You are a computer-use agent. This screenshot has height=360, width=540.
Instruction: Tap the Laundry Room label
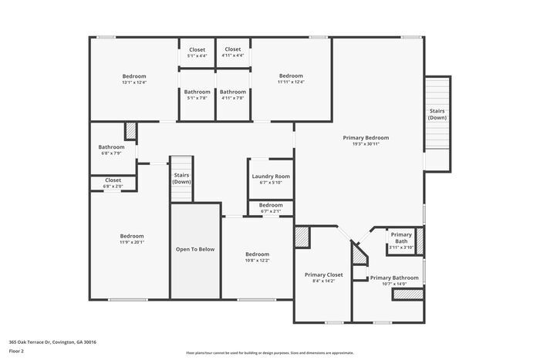click(271, 177)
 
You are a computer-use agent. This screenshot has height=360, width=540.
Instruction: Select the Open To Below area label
click(195, 249)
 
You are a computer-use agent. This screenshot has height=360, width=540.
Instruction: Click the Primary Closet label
click(323, 274)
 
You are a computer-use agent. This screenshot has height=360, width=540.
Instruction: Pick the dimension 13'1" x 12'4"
click(133, 82)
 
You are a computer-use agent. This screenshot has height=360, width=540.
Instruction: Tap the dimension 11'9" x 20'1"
click(131, 242)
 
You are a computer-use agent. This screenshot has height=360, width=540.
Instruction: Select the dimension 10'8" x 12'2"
click(257, 261)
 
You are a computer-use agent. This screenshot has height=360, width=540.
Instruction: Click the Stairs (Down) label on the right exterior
click(437, 114)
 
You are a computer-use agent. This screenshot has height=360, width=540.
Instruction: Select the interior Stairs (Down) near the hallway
click(181, 178)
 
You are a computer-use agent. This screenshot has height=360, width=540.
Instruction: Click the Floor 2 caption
click(17, 351)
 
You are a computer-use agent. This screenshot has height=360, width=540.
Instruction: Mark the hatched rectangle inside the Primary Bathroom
click(408, 294)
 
